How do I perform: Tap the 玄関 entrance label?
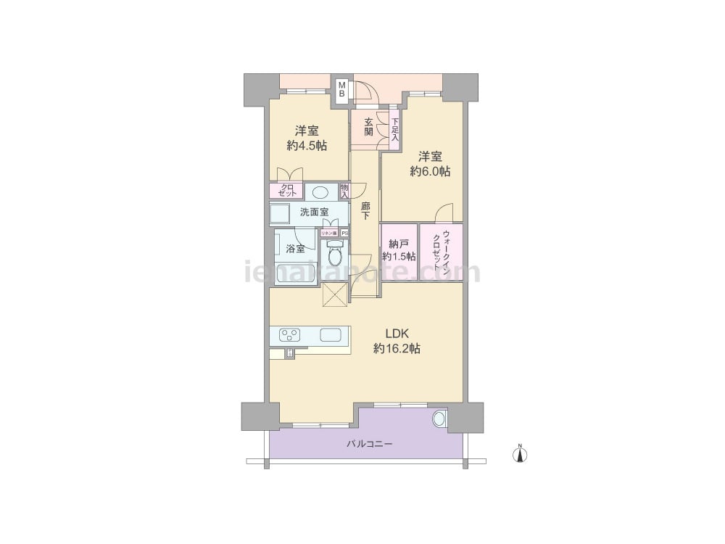369,127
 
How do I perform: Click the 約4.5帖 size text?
306,146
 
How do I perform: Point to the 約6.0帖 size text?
430,172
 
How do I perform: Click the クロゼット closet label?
287,191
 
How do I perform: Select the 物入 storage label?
344,191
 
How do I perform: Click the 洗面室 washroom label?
314,212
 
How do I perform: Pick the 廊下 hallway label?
365,211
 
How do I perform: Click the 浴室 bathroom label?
295,249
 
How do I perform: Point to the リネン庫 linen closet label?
328,233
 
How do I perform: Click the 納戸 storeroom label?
399,244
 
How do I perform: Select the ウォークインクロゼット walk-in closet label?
442,250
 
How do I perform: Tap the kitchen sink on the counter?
332,335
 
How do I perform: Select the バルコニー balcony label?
369,443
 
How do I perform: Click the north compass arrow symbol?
520,455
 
